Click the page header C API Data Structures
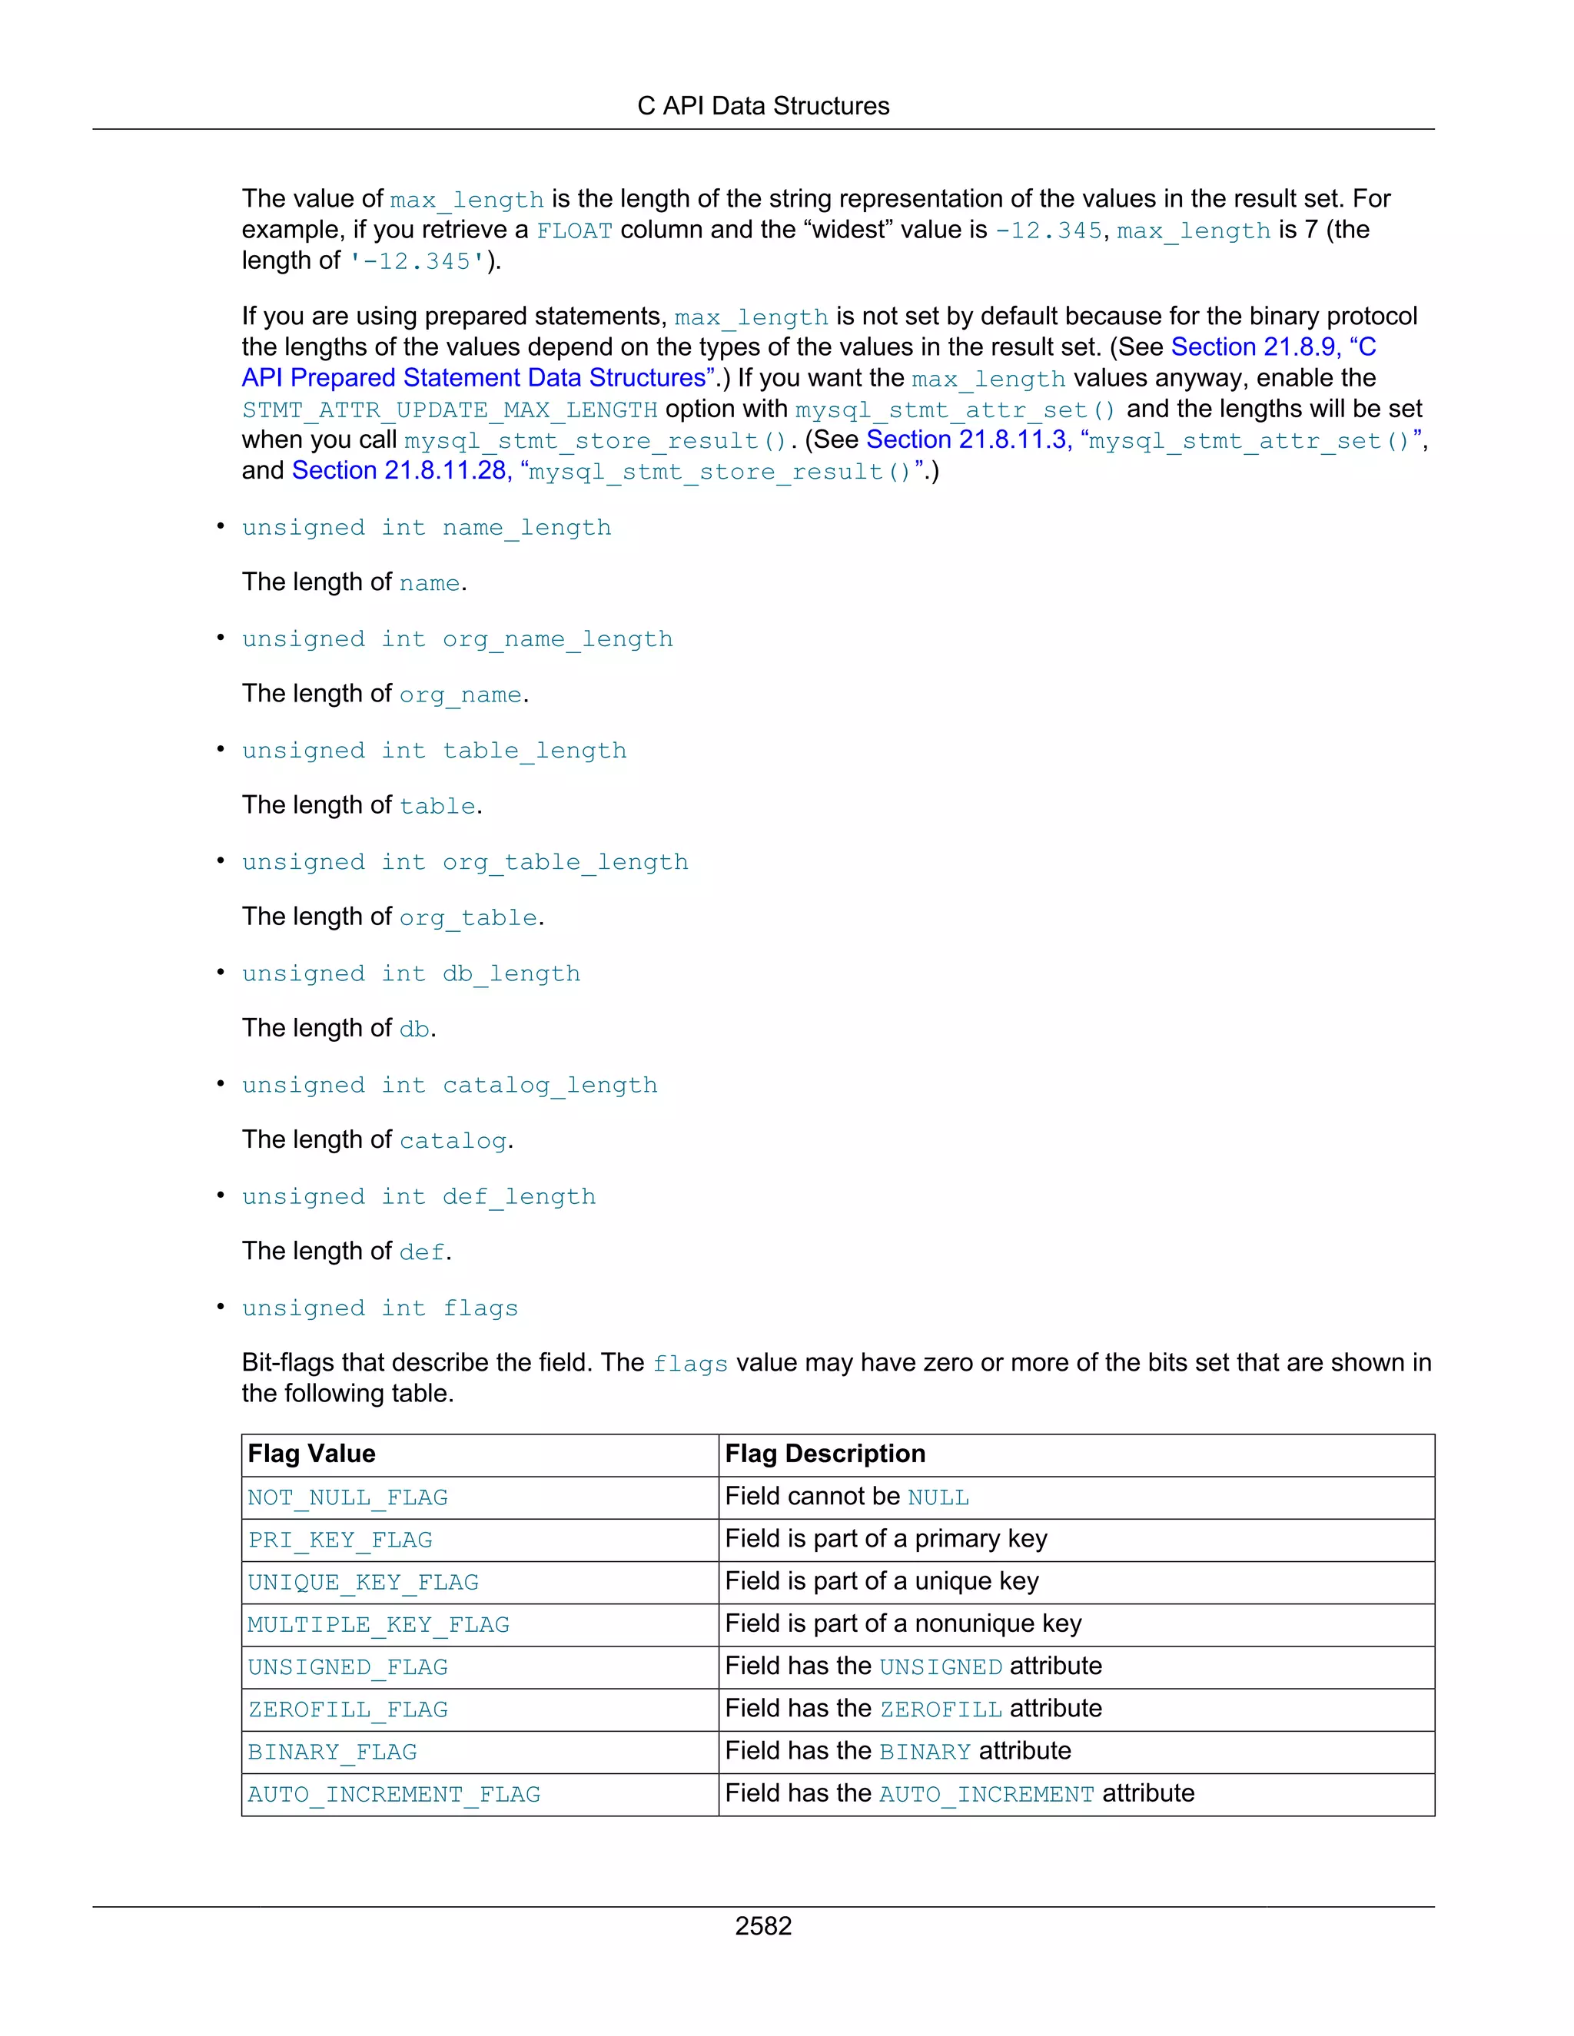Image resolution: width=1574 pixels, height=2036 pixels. [762, 106]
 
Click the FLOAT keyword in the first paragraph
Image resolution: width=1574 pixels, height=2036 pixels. [574, 230]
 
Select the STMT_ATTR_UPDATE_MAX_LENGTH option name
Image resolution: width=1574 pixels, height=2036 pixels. [450, 410]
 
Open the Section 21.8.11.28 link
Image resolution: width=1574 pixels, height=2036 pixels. [401, 471]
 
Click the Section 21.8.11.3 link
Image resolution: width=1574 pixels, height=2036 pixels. [967, 440]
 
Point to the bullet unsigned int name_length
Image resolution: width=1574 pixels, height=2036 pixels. [426, 528]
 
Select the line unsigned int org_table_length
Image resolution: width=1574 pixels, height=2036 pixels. [464, 862]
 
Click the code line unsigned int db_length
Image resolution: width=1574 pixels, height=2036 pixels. [410, 974]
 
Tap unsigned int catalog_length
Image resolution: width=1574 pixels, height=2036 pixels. [450, 1085]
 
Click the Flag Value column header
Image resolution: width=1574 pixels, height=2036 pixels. [311, 1454]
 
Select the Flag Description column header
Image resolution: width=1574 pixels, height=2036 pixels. [825, 1454]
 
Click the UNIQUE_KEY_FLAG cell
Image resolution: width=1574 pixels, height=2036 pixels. [363, 1583]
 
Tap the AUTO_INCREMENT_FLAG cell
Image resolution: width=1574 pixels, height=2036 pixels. [393, 1795]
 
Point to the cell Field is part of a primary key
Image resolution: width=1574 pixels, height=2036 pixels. [886, 1539]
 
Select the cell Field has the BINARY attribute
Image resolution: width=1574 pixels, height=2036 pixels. [897, 1752]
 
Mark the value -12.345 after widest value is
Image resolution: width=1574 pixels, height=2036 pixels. [1048, 230]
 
